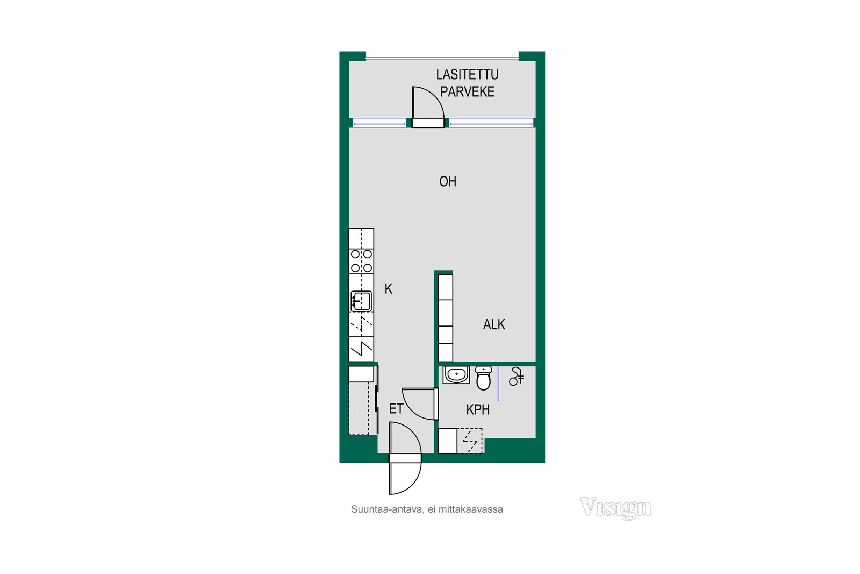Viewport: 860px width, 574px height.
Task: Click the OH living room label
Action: pos(448,181)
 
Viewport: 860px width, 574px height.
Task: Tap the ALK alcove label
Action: pos(494,324)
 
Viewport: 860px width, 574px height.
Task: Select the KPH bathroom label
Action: pos(478,410)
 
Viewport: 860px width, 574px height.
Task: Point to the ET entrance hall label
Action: pos(396,408)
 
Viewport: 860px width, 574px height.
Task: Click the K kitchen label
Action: pos(389,288)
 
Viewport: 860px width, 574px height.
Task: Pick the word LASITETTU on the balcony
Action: pos(467,75)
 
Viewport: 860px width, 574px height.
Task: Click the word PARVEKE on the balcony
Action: pos(467,92)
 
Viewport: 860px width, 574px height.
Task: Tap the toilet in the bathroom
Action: pos(483,378)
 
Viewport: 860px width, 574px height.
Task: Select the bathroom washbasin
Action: pos(456,375)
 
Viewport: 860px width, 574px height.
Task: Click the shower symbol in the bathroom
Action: pos(516,376)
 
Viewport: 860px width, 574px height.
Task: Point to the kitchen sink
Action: pos(361,301)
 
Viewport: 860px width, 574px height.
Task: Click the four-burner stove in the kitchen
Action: pos(361,261)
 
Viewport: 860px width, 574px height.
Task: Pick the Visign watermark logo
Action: pos(615,508)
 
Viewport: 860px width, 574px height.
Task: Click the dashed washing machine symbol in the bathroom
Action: pos(470,441)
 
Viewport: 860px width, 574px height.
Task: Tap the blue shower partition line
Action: pos(498,384)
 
